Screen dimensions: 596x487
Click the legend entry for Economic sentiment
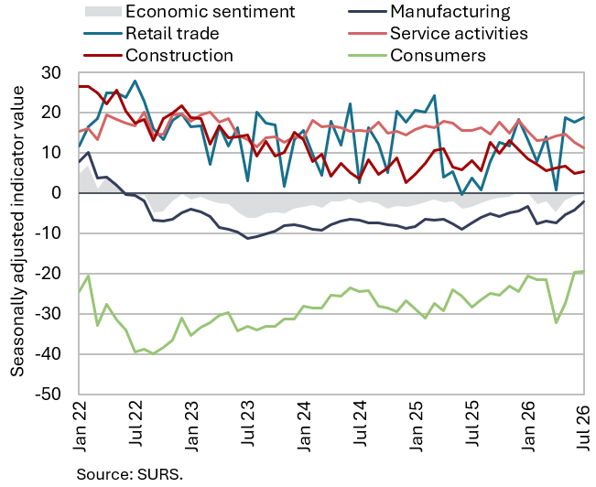click(210, 11)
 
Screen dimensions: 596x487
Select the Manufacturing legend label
click(450, 11)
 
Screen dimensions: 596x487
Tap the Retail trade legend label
click(172, 34)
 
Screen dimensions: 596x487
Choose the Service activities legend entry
click(459, 34)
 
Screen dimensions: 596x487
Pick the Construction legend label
click(179, 56)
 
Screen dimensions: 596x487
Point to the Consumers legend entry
click(438, 56)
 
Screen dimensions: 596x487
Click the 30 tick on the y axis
click(51, 72)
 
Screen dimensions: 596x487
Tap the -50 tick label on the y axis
click(48, 395)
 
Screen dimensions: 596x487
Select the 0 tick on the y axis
click(56, 193)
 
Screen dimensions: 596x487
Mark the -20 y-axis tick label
click(48, 274)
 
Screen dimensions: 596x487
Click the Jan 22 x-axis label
click(80, 426)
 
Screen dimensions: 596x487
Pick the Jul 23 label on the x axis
click(248, 424)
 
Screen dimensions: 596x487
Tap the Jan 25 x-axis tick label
click(417, 426)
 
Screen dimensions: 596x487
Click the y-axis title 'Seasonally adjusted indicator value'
click(17, 232)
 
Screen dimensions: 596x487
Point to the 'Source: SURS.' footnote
click(130, 474)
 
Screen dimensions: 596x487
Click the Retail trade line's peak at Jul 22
click(135, 81)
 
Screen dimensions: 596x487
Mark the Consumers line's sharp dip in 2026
click(556, 323)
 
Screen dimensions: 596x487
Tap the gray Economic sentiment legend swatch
click(103, 11)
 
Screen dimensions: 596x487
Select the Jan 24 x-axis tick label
click(305, 426)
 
